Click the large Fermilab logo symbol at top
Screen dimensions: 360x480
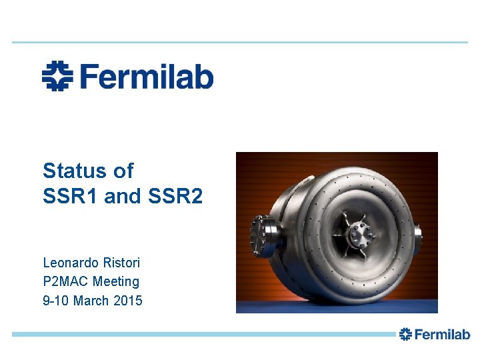coord(57,76)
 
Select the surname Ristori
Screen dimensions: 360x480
coord(123,263)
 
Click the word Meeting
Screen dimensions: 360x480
coord(116,281)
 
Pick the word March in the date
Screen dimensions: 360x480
coord(91,301)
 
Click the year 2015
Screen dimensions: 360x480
coord(128,301)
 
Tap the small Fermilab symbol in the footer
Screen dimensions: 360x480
coord(406,334)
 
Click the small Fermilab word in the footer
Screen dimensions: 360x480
coord(443,334)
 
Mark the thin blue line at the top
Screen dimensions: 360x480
coord(240,42)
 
